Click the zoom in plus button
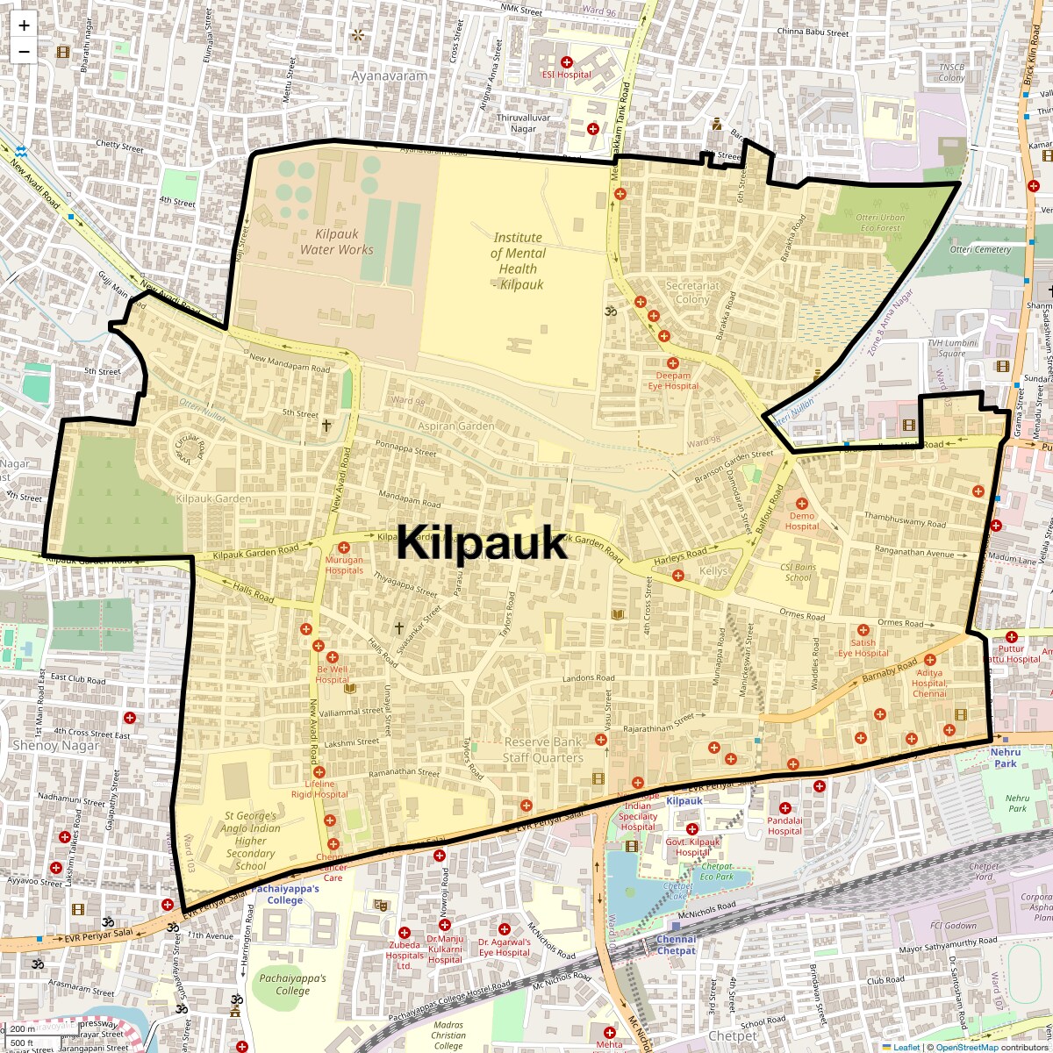(x=24, y=25)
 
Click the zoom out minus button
(x=24, y=51)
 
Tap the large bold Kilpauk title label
(x=482, y=543)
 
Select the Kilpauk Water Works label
(x=336, y=242)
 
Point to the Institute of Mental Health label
(x=518, y=261)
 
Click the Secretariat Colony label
(x=692, y=292)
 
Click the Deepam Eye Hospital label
(x=674, y=380)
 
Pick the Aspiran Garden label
(x=455, y=426)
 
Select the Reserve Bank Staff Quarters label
(x=542, y=750)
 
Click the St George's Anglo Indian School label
(x=251, y=841)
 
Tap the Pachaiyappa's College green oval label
(x=292, y=984)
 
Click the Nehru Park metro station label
(x=1006, y=757)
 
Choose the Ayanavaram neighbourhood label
(x=390, y=75)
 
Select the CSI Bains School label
(x=798, y=572)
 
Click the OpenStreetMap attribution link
(x=966, y=1047)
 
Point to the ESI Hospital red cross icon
(x=567, y=62)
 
